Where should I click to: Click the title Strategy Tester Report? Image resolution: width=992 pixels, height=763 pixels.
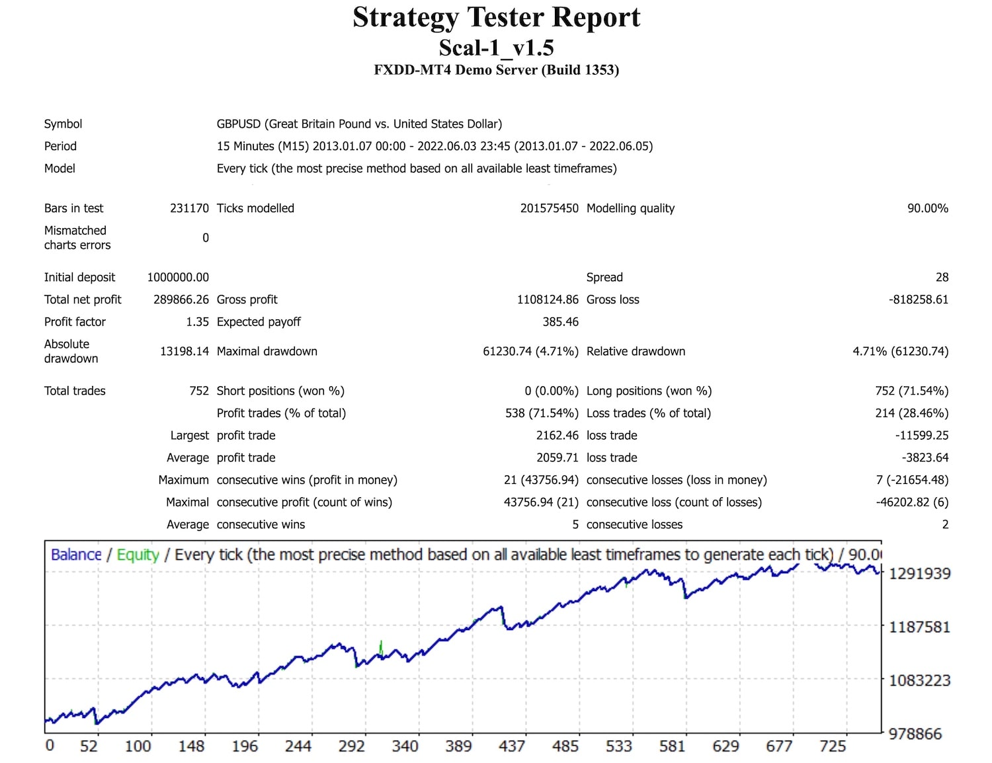tap(496, 17)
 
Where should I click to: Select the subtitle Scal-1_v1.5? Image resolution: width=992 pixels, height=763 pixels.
tap(496, 48)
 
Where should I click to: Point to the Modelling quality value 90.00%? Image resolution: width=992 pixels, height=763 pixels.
tap(927, 208)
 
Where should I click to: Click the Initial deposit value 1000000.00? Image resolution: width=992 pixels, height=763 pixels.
tap(178, 277)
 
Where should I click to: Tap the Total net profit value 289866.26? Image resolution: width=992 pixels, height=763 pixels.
tap(181, 300)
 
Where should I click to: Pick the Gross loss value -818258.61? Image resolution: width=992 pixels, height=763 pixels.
tap(918, 300)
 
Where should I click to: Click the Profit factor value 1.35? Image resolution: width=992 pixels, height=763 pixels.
tap(197, 322)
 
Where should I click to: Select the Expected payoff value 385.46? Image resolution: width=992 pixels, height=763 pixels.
tap(560, 322)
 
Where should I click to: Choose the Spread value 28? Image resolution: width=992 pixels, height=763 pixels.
tap(942, 277)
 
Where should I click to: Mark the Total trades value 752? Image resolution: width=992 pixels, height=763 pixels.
tap(198, 391)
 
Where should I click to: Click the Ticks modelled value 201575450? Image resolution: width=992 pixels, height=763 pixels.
tap(549, 208)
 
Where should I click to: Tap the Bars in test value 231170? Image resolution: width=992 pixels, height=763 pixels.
tap(189, 208)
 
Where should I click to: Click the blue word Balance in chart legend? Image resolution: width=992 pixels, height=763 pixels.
tap(76, 555)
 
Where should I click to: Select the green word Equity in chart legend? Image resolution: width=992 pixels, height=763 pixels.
tap(138, 555)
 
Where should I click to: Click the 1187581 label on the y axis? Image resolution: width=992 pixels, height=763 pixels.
tap(919, 627)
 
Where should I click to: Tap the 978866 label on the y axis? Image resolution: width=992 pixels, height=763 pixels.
tap(915, 733)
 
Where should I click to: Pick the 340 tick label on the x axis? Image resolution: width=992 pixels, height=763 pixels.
tap(405, 746)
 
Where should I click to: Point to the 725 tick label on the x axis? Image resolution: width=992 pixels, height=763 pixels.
tap(833, 746)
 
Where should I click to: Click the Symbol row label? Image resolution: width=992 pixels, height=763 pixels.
tap(63, 124)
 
